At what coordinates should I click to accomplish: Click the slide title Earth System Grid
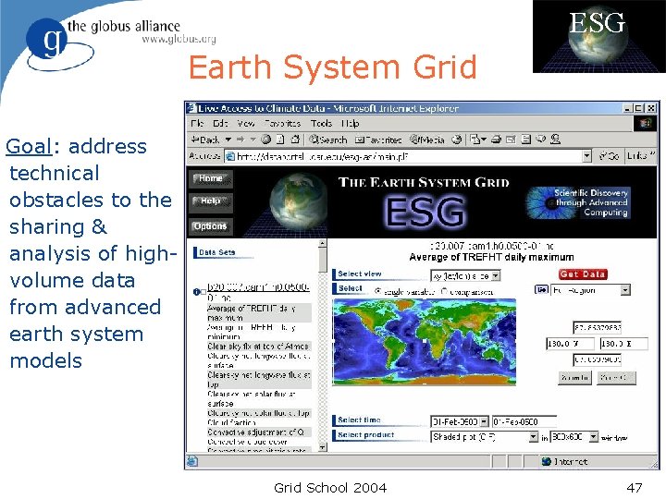332,68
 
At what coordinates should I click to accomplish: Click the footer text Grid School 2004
330,487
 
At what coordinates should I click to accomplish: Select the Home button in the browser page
211,178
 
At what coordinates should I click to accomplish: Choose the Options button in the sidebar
210,226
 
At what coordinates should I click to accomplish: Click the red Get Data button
583,274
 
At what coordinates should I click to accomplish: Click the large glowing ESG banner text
425,212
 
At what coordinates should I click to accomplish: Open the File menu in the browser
197,123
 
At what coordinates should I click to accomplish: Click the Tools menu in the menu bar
321,123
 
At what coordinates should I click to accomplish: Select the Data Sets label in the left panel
216,252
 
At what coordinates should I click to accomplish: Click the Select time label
359,420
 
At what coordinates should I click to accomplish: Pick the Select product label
365,435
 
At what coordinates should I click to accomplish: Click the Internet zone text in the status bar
570,461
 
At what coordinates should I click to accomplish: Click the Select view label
359,274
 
